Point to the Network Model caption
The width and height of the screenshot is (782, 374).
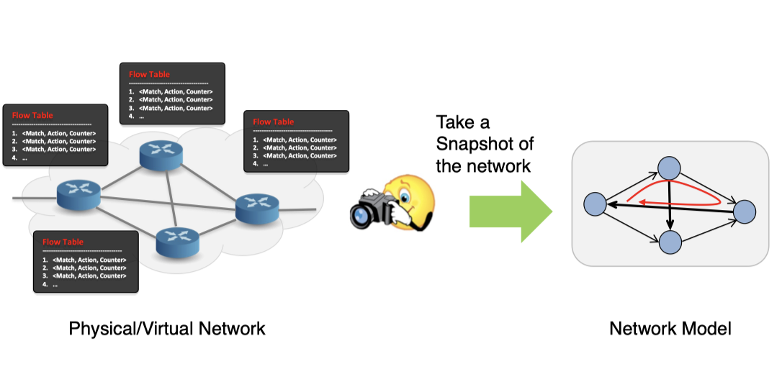[x=670, y=329]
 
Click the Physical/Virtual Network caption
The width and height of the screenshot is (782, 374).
[x=167, y=329]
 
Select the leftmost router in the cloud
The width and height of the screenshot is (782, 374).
[x=77, y=193]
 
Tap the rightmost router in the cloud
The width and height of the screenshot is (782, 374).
[x=256, y=209]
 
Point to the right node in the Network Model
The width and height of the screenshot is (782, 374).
[x=744, y=211]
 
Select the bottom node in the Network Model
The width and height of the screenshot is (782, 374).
[x=670, y=242]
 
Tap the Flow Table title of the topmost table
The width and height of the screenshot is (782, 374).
[x=149, y=75]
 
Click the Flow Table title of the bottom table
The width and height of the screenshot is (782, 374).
[x=63, y=242]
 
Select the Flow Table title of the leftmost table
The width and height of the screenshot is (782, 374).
[x=32, y=116]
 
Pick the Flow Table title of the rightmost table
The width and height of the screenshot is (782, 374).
[x=274, y=122]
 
